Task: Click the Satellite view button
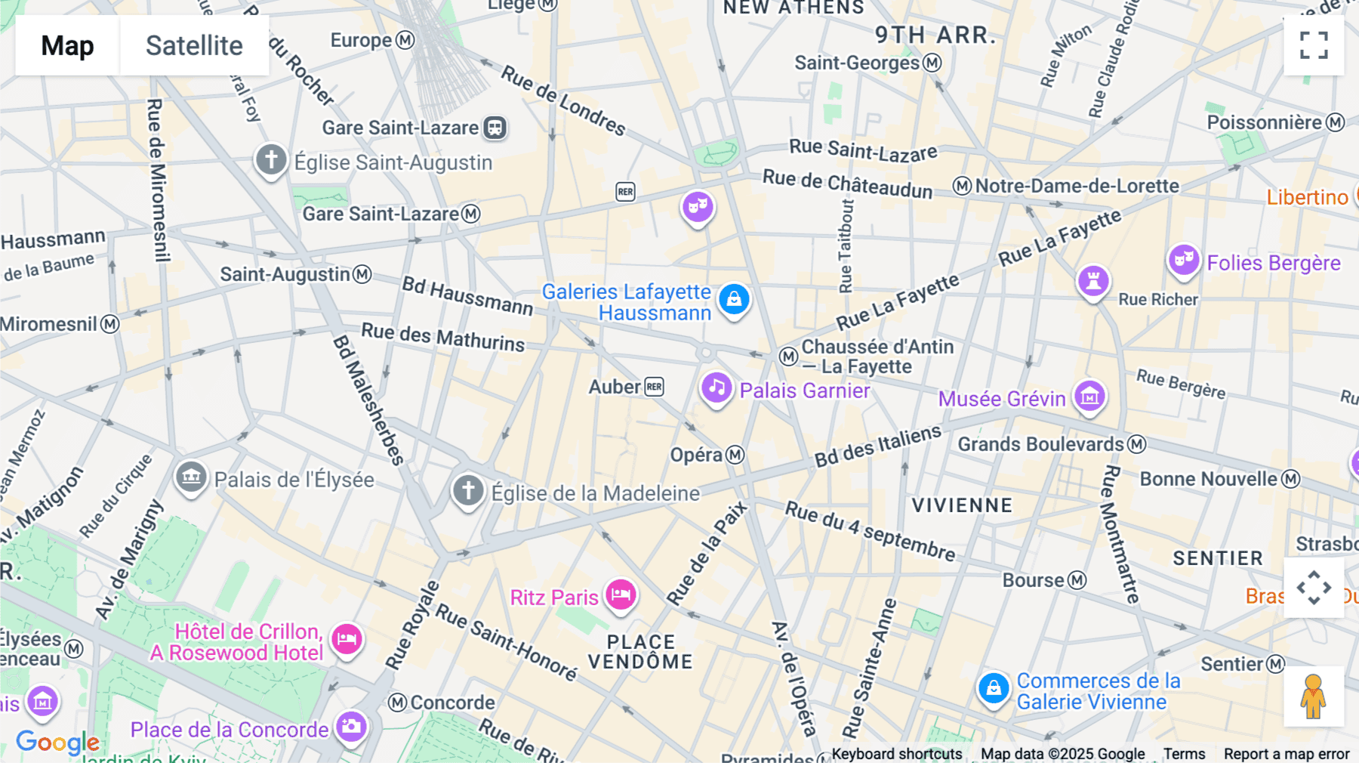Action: coord(194,45)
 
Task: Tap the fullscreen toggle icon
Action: coord(1314,45)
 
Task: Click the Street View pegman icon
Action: coord(1314,697)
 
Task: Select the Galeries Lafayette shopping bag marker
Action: coord(733,300)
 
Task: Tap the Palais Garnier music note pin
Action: coord(716,388)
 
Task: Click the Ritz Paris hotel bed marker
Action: coord(621,595)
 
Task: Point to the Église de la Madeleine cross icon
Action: coord(468,490)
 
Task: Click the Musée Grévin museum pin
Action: coord(1089,395)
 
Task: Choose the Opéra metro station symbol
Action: coord(735,455)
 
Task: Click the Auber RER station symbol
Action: coord(654,387)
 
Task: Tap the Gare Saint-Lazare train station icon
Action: coord(495,128)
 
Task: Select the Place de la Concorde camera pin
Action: coord(351,727)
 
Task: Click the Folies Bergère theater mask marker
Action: coord(1183,260)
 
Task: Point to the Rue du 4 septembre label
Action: coord(870,530)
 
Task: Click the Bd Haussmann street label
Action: coord(467,295)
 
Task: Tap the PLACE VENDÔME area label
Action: coord(640,652)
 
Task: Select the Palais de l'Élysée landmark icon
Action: coord(191,477)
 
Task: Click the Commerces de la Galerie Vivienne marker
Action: coord(994,688)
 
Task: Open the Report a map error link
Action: coord(1286,754)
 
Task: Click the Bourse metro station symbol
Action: coord(1077,580)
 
